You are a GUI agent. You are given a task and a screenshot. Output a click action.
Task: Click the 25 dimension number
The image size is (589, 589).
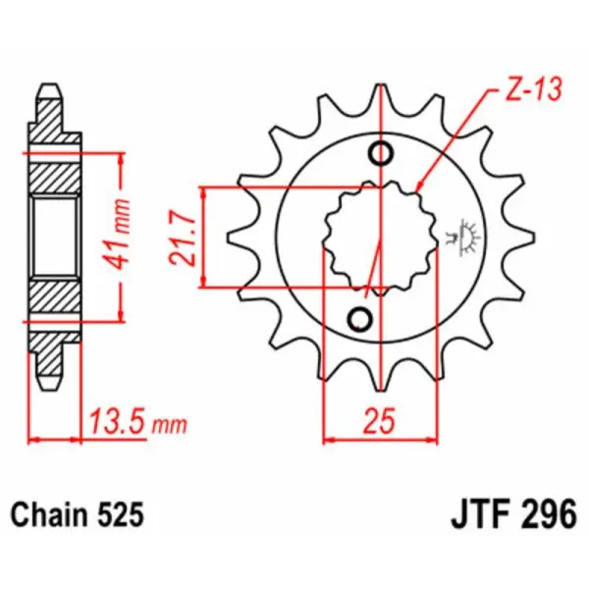(x=380, y=423)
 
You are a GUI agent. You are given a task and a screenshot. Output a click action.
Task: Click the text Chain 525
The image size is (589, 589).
(x=78, y=514)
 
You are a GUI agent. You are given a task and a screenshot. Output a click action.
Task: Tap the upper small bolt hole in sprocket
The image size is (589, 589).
(x=381, y=153)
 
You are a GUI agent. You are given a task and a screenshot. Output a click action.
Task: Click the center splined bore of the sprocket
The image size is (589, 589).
(x=370, y=236)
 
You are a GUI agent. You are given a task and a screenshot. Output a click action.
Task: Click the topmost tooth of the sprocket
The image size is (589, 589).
(x=380, y=99)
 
